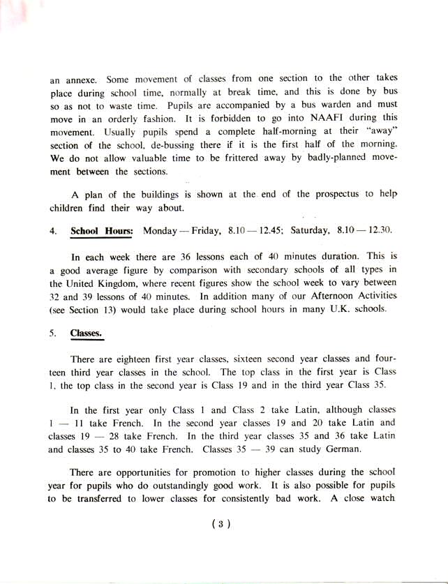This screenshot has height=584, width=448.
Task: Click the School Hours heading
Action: pyautogui.click(x=102, y=230)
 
